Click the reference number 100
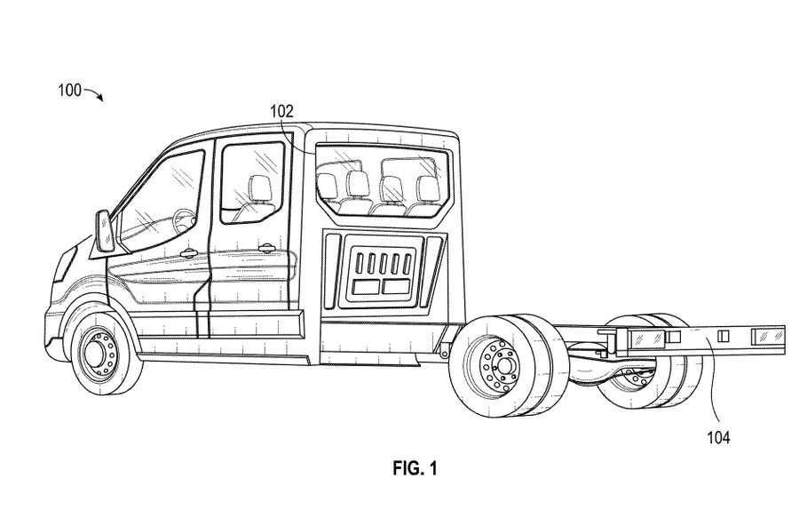point(69,91)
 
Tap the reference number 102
point(281,111)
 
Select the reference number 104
point(718,437)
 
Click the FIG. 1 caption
point(415,468)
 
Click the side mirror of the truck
point(106,230)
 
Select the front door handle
point(188,252)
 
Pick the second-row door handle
point(266,248)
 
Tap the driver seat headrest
point(259,187)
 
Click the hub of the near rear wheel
point(505,365)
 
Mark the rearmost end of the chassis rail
point(784,339)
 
